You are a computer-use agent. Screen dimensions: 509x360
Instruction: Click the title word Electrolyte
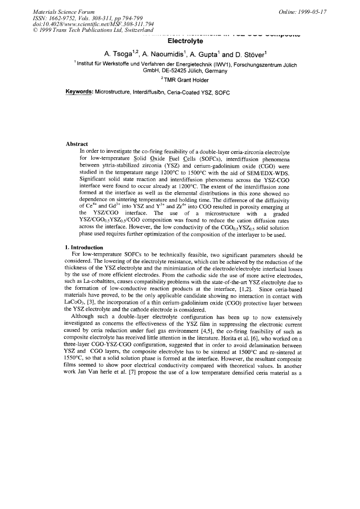pyautogui.click(x=183, y=40)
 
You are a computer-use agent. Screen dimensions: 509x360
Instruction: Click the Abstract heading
pyautogui.click(x=77, y=144)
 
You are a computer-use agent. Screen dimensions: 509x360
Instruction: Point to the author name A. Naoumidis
pyautogui.click(x=160, y=53)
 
